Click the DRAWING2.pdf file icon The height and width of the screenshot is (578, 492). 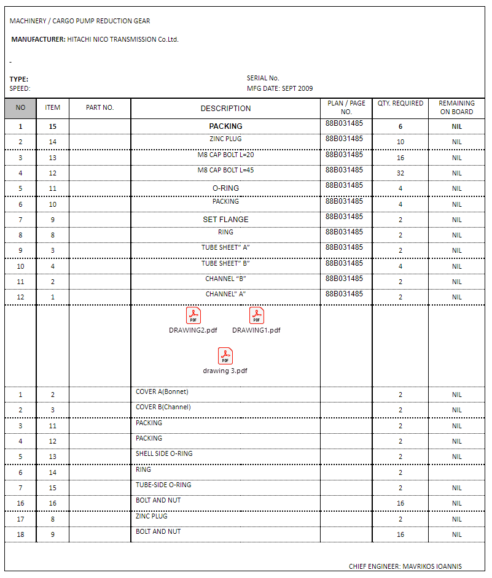pyautogui.click(x=193, y=315)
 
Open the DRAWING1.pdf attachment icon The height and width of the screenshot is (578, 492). pyautogui.click(x=256, y=315)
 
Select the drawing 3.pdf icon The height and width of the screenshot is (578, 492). pyautogui.click(x=225, y=356)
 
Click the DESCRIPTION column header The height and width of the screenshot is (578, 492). pyautogui.click(x=225, y=109)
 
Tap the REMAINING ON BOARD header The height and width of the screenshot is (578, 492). pyautogui.click(x=456, y=107)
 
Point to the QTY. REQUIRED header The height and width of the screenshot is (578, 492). pyautogui.click(x=400, y=104)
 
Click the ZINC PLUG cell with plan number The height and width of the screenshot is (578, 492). pyautogui.click(x=225, y=139)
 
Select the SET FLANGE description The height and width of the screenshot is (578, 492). pyautogui.click(x=225, y=219)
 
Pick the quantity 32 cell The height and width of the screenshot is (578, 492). pyautogui.click(x=400, y=173)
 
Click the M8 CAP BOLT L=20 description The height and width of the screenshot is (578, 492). pyautogui.click(x=225, y=155)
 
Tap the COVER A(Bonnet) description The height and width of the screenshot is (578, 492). pyautogui.click(x=162, y=391)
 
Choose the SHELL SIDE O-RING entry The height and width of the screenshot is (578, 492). pyautogui.click(x=164, y=453)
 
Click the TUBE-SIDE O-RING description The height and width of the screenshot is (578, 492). pyautogui.click(x=163, y=485)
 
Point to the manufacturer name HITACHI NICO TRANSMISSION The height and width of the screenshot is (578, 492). pyautogui.click(x=122, y=39)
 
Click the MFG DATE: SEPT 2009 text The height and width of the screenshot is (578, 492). pyautogui.click(x=279, y=88)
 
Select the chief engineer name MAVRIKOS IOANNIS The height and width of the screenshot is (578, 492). pyautogui.click(x=432, y=566)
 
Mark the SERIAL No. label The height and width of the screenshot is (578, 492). pyautogui.click(x=263, y=78)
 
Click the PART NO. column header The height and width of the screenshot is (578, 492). pyautogui.click(x=100, y=107)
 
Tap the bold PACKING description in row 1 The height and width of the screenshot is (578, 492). pyautogui.click(x=225, y=126)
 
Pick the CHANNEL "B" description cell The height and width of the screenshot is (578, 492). pyautogui.click(x=225, y=279)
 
